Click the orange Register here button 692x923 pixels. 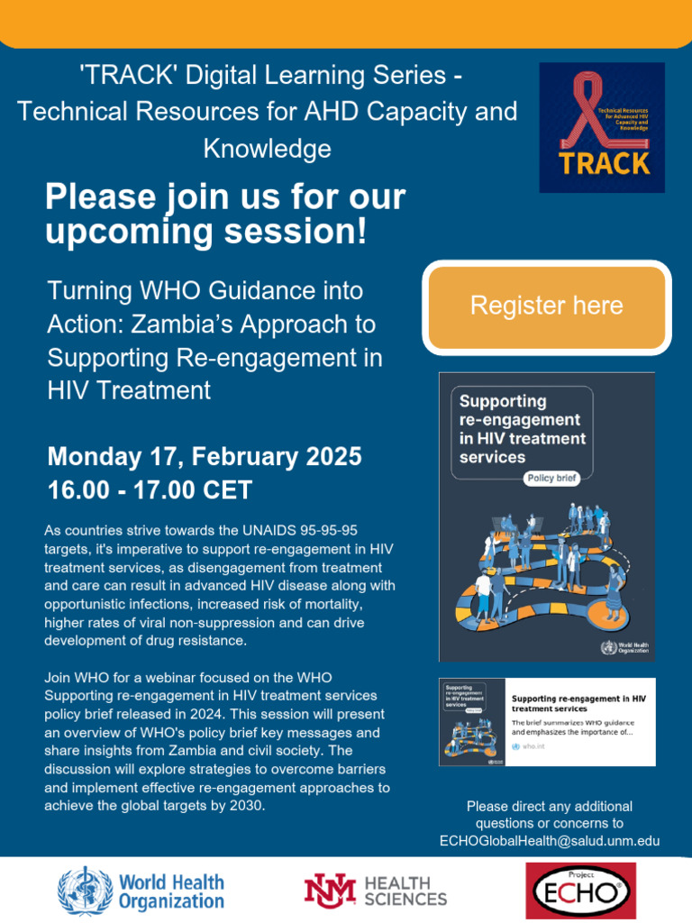click(x=546, y=306)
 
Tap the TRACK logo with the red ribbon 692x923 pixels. click(x=602, y=127)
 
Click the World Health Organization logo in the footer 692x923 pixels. click(x=141, y=891)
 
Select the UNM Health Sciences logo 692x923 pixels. click(x=375, y=891)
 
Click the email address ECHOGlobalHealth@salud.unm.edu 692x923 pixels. click(x=550, y=840)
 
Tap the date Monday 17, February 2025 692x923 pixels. click(x=205, y=457)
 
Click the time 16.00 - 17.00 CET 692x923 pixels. click(x=150, y=490)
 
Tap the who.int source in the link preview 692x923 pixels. click(x=536, y=747)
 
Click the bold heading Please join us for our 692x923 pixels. click(x=225, y=196)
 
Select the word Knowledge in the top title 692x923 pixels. click(x=267, y=148)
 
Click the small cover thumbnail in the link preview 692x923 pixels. click(x=469, y=721)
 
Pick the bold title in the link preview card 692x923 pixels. click(x=578, y=703)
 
